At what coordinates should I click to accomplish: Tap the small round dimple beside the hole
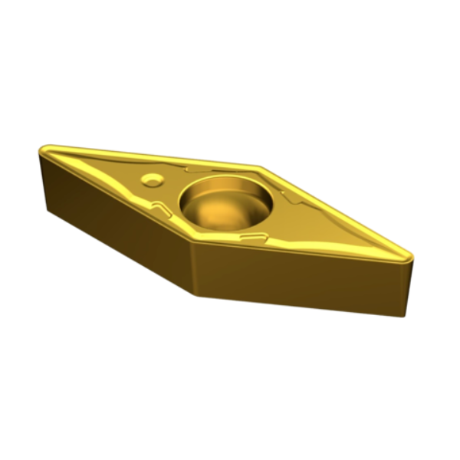153,179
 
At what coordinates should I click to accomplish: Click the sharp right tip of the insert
411,258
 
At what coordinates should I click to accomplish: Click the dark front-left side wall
115,222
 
